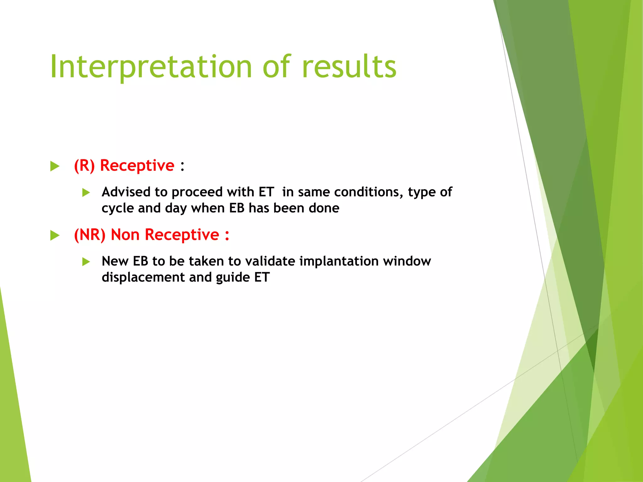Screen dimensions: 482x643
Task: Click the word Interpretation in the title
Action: pos(151,67)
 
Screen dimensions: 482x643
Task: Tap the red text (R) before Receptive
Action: pos(84,165)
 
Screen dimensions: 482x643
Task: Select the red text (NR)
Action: pos(89,235)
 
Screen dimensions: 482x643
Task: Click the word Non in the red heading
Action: pos(125,235)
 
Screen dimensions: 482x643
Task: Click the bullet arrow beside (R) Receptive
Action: pos(55,166)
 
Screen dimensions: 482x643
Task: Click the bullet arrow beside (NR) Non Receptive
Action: pos(55,235)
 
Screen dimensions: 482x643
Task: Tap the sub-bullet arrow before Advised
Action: pos(86,192)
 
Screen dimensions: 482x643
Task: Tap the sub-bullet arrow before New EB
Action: pos(86,261)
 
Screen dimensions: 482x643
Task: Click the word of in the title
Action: pos(277,67)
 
